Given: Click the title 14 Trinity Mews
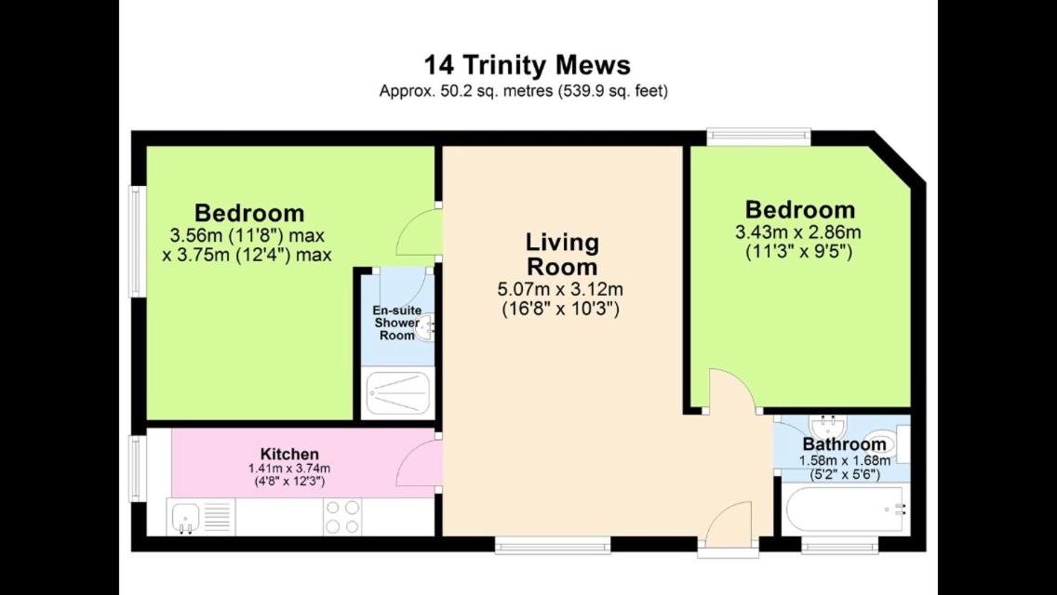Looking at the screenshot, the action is coord(528,65).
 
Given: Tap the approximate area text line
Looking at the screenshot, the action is coord(523,91).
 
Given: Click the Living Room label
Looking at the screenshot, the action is coord(562,254).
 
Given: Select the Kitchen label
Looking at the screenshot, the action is coord(289,454).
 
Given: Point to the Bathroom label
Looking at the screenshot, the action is coord(844,444).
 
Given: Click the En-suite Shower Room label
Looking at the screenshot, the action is coord(397,323).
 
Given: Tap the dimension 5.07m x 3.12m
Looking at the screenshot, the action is coord(560,290).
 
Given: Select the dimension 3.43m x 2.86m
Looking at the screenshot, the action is coord(798,233).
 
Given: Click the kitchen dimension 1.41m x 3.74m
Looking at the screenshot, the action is coord(289,469).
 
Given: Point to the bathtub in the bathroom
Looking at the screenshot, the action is coord(847,510).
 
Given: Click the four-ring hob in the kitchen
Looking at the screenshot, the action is coord(342,517).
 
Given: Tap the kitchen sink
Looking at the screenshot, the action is coord(184,518).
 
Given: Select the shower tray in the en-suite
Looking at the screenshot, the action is coord(397,393).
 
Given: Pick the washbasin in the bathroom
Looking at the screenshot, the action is coord(827,426).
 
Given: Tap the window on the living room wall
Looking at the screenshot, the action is coord(553,545).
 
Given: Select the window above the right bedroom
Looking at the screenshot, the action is coord(758,137).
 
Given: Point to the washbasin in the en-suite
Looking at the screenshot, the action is coord(425,328).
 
